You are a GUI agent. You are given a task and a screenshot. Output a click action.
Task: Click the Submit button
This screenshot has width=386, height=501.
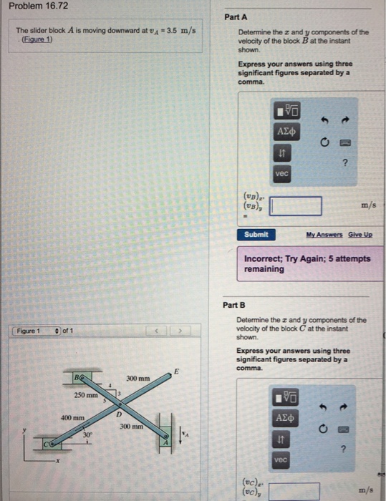tap(256, 234)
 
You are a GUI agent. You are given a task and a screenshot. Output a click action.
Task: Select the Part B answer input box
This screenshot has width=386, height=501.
tap(294, 491)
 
